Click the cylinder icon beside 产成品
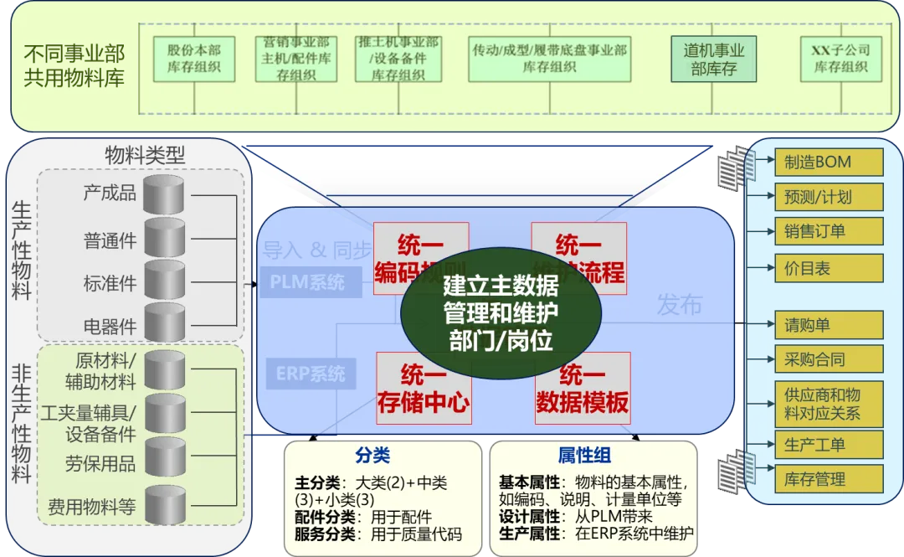coord(164,194)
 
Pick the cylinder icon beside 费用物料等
coord(164,505)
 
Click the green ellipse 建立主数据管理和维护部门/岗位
coord(501,312)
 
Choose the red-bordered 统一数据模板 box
coord(582,388)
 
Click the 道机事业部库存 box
coord(713,59)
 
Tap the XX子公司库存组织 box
coord(840,59)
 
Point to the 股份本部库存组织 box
coord(193,59)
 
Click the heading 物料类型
coord(145,155)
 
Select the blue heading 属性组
coord(584,456)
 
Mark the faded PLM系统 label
coord(307,282)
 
